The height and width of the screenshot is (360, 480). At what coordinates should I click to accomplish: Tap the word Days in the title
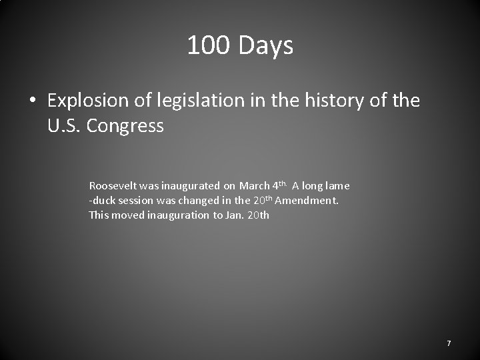[x=265, y=46]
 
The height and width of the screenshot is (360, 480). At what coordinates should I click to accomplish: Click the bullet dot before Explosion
[x=31, y=101]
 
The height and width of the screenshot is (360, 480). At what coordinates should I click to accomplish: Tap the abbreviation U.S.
[x=63, y=125]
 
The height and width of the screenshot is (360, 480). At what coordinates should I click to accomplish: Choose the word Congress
[x=125, y=125]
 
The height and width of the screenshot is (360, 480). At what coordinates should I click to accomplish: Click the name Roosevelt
[x=113, y=186]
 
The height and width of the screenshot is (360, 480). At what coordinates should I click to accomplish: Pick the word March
[x=255, y=186]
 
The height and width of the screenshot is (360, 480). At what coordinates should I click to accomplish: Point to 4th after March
[x=279, y=185]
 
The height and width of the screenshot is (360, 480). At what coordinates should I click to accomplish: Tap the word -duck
[x=103, y=201]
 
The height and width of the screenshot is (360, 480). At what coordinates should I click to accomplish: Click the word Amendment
[x=307, y=201]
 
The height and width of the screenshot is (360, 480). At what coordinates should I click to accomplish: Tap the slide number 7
[x=449, y=343]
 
